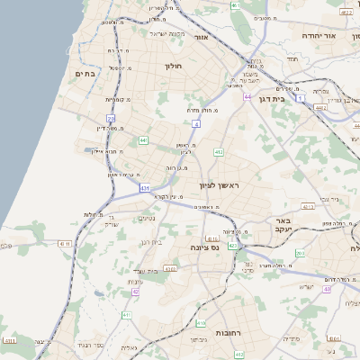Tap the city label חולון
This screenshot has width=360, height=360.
pos(174,66)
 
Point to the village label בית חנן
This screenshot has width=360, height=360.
pos(152,241)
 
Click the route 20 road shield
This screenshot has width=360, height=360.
pos(111,118)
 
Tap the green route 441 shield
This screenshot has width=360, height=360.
pos(143,140)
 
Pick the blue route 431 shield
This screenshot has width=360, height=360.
pos(145,188)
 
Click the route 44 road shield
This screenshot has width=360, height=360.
pos(247,95)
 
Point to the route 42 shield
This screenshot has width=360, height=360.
pos(136,292)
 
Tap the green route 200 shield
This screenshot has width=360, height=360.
pos(300,254)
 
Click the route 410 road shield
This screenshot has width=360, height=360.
pos(201,321)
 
